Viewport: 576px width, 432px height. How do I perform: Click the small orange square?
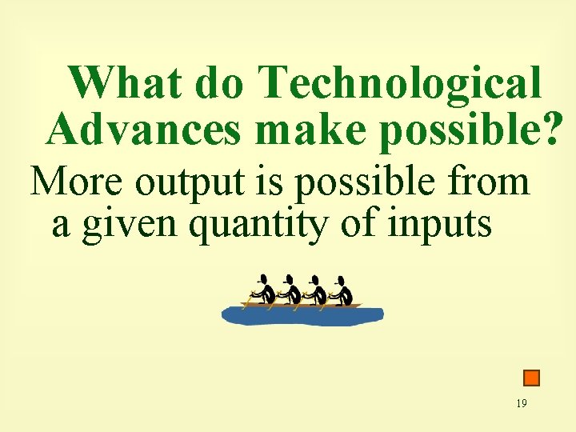[531, 378]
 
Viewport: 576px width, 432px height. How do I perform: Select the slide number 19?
[521, 403]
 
